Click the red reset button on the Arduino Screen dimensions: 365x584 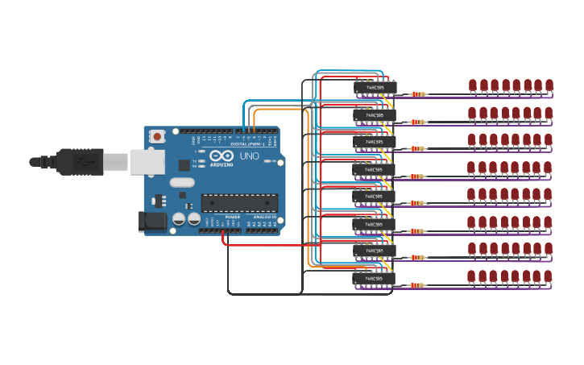coord(157,136)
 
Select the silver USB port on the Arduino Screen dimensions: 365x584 coord(147,162)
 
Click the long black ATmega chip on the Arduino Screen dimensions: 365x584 coord(239,202)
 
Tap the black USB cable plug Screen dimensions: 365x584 coord(79,161)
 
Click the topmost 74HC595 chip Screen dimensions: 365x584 coord(375,87)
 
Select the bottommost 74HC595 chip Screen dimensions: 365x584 coord(374,278)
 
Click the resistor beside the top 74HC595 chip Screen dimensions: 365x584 coord(418,94)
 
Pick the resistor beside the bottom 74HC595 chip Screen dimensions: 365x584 coord(416,285)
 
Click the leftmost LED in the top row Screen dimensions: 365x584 coord(473,85)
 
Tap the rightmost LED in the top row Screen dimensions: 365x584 coord(549,85)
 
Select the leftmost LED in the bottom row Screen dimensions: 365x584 coord(471,276)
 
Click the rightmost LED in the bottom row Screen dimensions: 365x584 coord(548,276)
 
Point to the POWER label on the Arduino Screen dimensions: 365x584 coord(233,217)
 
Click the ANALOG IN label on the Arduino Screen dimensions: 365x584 coord(263,217)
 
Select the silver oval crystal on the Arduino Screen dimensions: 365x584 coord(182,182)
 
